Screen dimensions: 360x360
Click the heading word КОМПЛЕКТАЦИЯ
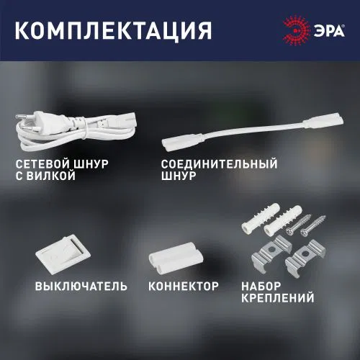(114, 31)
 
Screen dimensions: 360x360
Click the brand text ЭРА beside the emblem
(329, 30)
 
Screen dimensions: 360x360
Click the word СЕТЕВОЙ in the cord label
(42, 164)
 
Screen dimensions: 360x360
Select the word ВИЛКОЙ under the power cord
(51, 176)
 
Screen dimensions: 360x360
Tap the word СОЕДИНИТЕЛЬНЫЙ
(219, 164)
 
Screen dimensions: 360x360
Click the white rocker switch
(63, 254)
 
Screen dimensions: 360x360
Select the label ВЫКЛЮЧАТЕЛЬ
(81, 287)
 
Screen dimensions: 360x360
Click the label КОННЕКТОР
(184, 287)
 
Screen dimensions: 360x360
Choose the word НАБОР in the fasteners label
(261, 287)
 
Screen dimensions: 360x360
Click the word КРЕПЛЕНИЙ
(278, 298)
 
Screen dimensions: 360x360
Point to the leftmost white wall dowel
(260, 219)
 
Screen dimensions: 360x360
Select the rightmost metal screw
(313, 226)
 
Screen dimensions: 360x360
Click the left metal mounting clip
(271, 254)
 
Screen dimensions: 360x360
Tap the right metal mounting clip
(305, 258)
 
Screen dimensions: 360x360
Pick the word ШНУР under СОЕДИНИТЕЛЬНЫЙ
(179, 176)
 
